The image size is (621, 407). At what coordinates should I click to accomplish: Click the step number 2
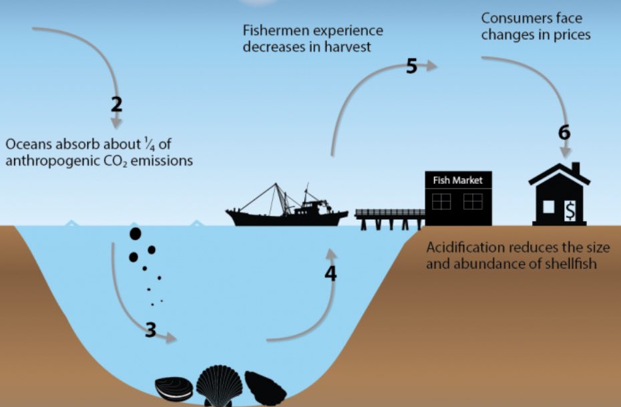point(116,104)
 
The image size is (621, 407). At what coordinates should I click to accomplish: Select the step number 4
point(331,273)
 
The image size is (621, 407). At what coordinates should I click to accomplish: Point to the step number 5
point(411,67)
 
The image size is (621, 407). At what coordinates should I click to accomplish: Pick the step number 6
point(564,132)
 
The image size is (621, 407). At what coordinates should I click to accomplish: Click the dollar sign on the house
point(570,210)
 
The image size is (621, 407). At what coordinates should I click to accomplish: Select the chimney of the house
point(575,166)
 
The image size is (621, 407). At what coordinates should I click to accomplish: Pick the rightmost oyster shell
point(265,386)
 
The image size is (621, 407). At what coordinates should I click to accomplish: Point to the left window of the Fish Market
point(442,201)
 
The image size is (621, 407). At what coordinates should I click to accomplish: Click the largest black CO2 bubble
point(135,234)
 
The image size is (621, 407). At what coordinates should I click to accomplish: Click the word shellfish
point(572,263)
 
